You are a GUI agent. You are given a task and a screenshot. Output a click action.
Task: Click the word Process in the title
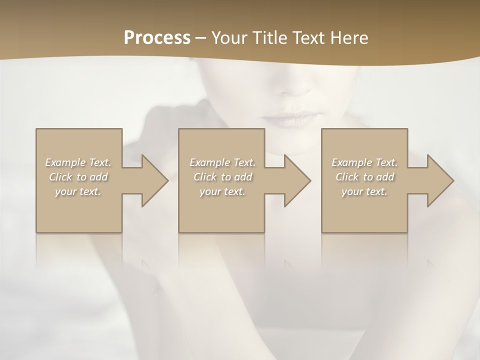click(157, 38)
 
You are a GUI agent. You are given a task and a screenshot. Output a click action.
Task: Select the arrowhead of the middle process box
click(297, 180)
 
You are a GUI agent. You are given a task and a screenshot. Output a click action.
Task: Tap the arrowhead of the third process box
click(440, 180)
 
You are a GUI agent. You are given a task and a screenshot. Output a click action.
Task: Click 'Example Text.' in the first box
click(78, 162)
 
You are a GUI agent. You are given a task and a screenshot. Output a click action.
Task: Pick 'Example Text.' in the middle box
click(222, 162)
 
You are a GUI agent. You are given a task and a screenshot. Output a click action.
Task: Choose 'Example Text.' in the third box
click(364, 162)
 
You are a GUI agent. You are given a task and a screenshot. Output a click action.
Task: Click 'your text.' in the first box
click(78, 191)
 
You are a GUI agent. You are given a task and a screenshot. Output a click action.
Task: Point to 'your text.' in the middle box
click(222, 191)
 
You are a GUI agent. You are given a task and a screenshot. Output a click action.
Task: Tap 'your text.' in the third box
click(364, 191)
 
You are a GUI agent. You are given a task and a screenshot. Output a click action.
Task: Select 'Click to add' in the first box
click(78, 177)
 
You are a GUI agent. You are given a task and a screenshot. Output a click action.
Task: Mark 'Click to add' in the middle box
click(222, 177)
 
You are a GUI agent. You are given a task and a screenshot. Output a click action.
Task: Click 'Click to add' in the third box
click(364, 177)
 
